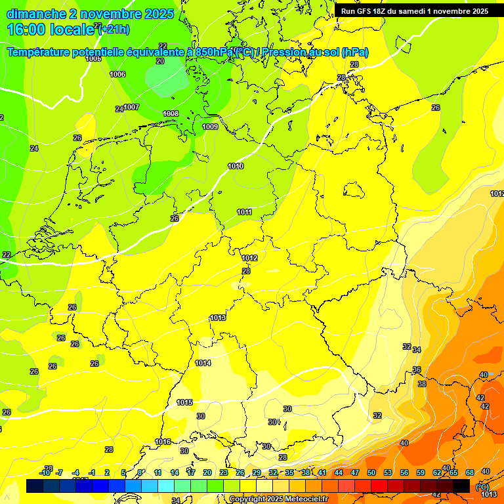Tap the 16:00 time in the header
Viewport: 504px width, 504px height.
click(26, 30)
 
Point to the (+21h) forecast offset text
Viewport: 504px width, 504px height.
click(114, 30)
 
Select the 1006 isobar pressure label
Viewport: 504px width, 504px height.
click(117, 74)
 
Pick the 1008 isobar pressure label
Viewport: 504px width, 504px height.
click(171, 114)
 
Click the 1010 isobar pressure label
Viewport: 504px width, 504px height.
click(236, 166)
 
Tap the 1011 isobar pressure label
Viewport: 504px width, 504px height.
click(244, 212)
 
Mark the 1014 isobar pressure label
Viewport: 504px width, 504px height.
click(203, 363)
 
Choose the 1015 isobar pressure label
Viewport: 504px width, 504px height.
click(184, 402)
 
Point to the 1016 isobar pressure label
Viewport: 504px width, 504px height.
click(163, 442)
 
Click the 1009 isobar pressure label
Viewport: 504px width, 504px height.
click(210, 127)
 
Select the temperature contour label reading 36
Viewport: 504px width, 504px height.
click(417, 370)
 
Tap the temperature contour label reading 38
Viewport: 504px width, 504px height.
click(422, 384)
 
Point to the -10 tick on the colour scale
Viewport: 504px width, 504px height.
click(45, 472)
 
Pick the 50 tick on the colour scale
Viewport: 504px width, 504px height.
click(371, 472)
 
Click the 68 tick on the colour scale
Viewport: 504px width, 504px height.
click(470, 472)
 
